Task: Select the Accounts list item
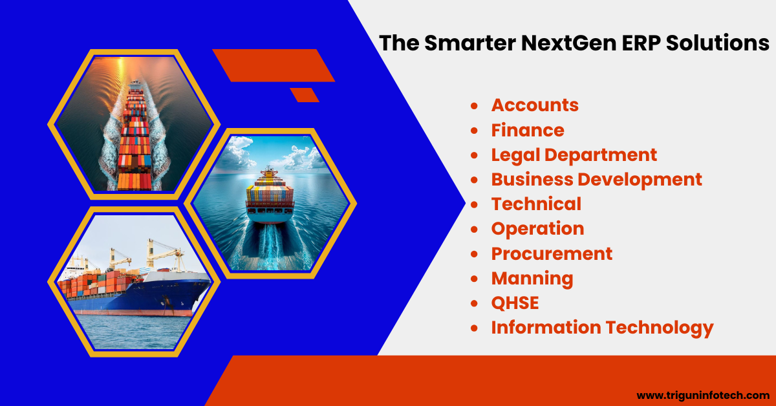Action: pos(535,105)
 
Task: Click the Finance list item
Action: pos(528,130)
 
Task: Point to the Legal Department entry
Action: pos(574,155)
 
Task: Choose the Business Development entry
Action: pos(596,180)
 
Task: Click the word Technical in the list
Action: pos(536,204)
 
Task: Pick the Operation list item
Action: pos(537,229)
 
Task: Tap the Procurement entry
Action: pos(552,253)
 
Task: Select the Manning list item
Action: pos(532,279)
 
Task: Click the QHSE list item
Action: pos(515,303)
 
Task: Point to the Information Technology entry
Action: pos(603,328)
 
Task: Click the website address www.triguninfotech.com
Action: pos(704,395)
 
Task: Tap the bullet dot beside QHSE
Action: pos(474,303)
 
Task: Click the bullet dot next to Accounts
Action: pos(474,105)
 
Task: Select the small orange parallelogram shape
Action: pos(305,95)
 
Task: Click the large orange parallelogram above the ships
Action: pos(274,65)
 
